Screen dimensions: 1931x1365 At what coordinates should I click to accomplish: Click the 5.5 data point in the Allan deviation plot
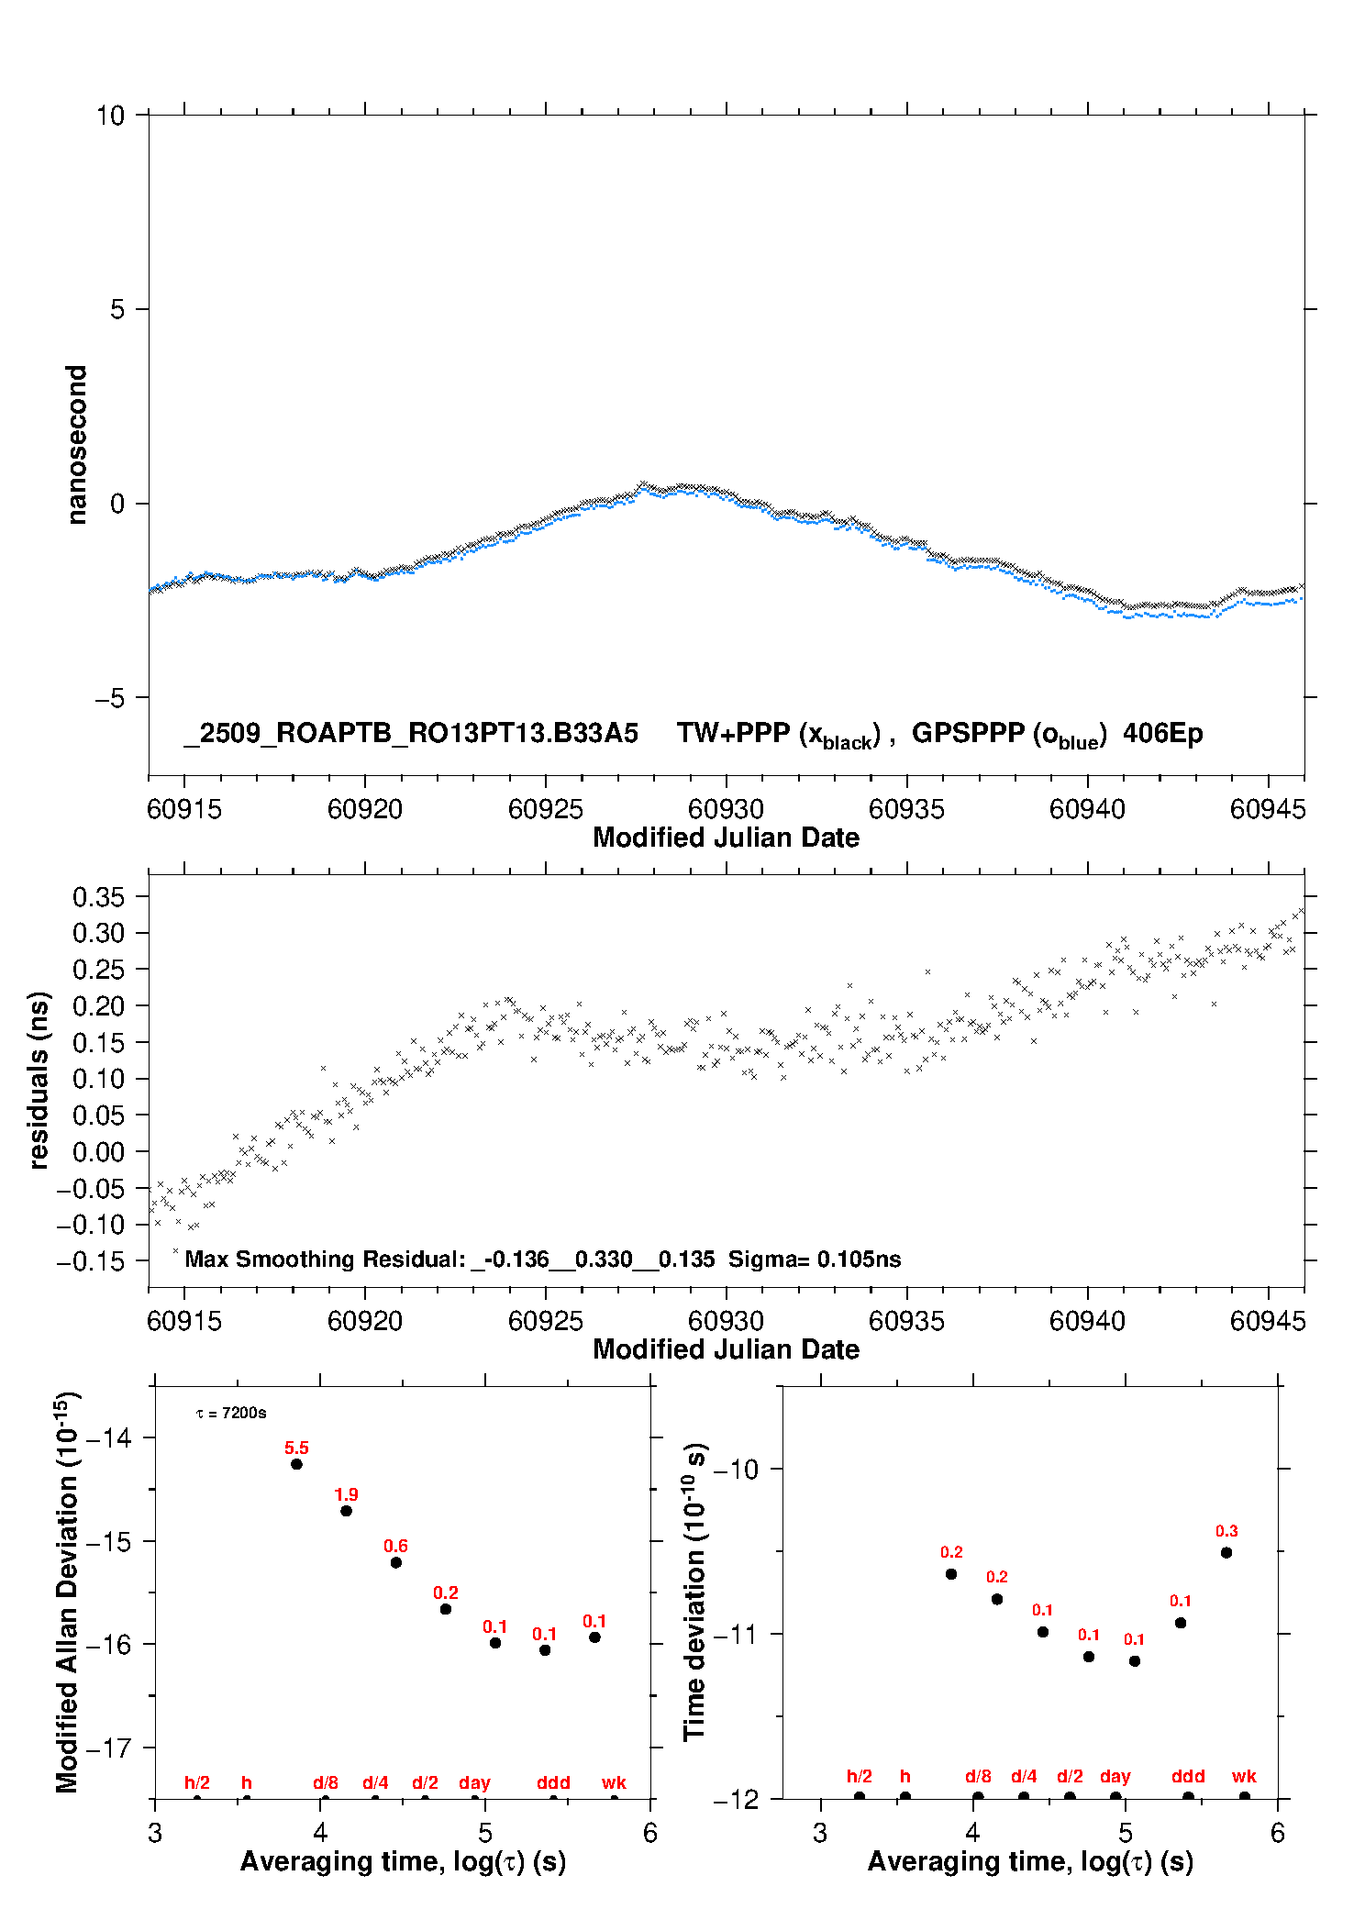click(296, 1464)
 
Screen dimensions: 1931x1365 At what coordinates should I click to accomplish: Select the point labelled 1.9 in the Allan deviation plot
click(346, 1511)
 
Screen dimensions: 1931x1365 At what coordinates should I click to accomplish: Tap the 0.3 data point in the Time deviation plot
click(1226, 1553)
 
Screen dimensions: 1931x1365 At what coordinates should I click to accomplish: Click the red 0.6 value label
click(395, 1546)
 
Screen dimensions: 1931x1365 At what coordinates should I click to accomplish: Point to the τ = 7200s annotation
click(231, 1414)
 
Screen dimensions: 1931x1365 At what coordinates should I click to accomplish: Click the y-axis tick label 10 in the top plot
click(110, 116)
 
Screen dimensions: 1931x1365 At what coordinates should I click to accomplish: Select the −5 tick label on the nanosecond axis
click(110, 698)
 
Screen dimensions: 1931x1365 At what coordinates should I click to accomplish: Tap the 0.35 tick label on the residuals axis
click(98, 897)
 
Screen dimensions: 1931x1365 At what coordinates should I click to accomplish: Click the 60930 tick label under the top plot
click(726, 809)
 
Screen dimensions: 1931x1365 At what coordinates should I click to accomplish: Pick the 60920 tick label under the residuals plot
click(365, 1321)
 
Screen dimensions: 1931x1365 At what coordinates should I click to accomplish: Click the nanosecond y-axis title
click(77, 444)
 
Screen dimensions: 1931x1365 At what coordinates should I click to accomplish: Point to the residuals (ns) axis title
click(39, 1080)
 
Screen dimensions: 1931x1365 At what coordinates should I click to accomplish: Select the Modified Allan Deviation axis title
click(66, 1592)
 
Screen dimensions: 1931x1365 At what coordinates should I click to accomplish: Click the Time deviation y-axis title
click(694, 1592)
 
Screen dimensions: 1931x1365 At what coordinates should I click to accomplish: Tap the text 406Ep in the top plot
click(1162, 734)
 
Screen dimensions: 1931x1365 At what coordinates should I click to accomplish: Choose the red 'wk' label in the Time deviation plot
click(1244, 1777)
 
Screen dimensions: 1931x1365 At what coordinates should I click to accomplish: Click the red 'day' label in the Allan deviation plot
click(474, 1783)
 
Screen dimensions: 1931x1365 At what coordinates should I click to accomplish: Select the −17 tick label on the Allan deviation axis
click(108, 1748)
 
